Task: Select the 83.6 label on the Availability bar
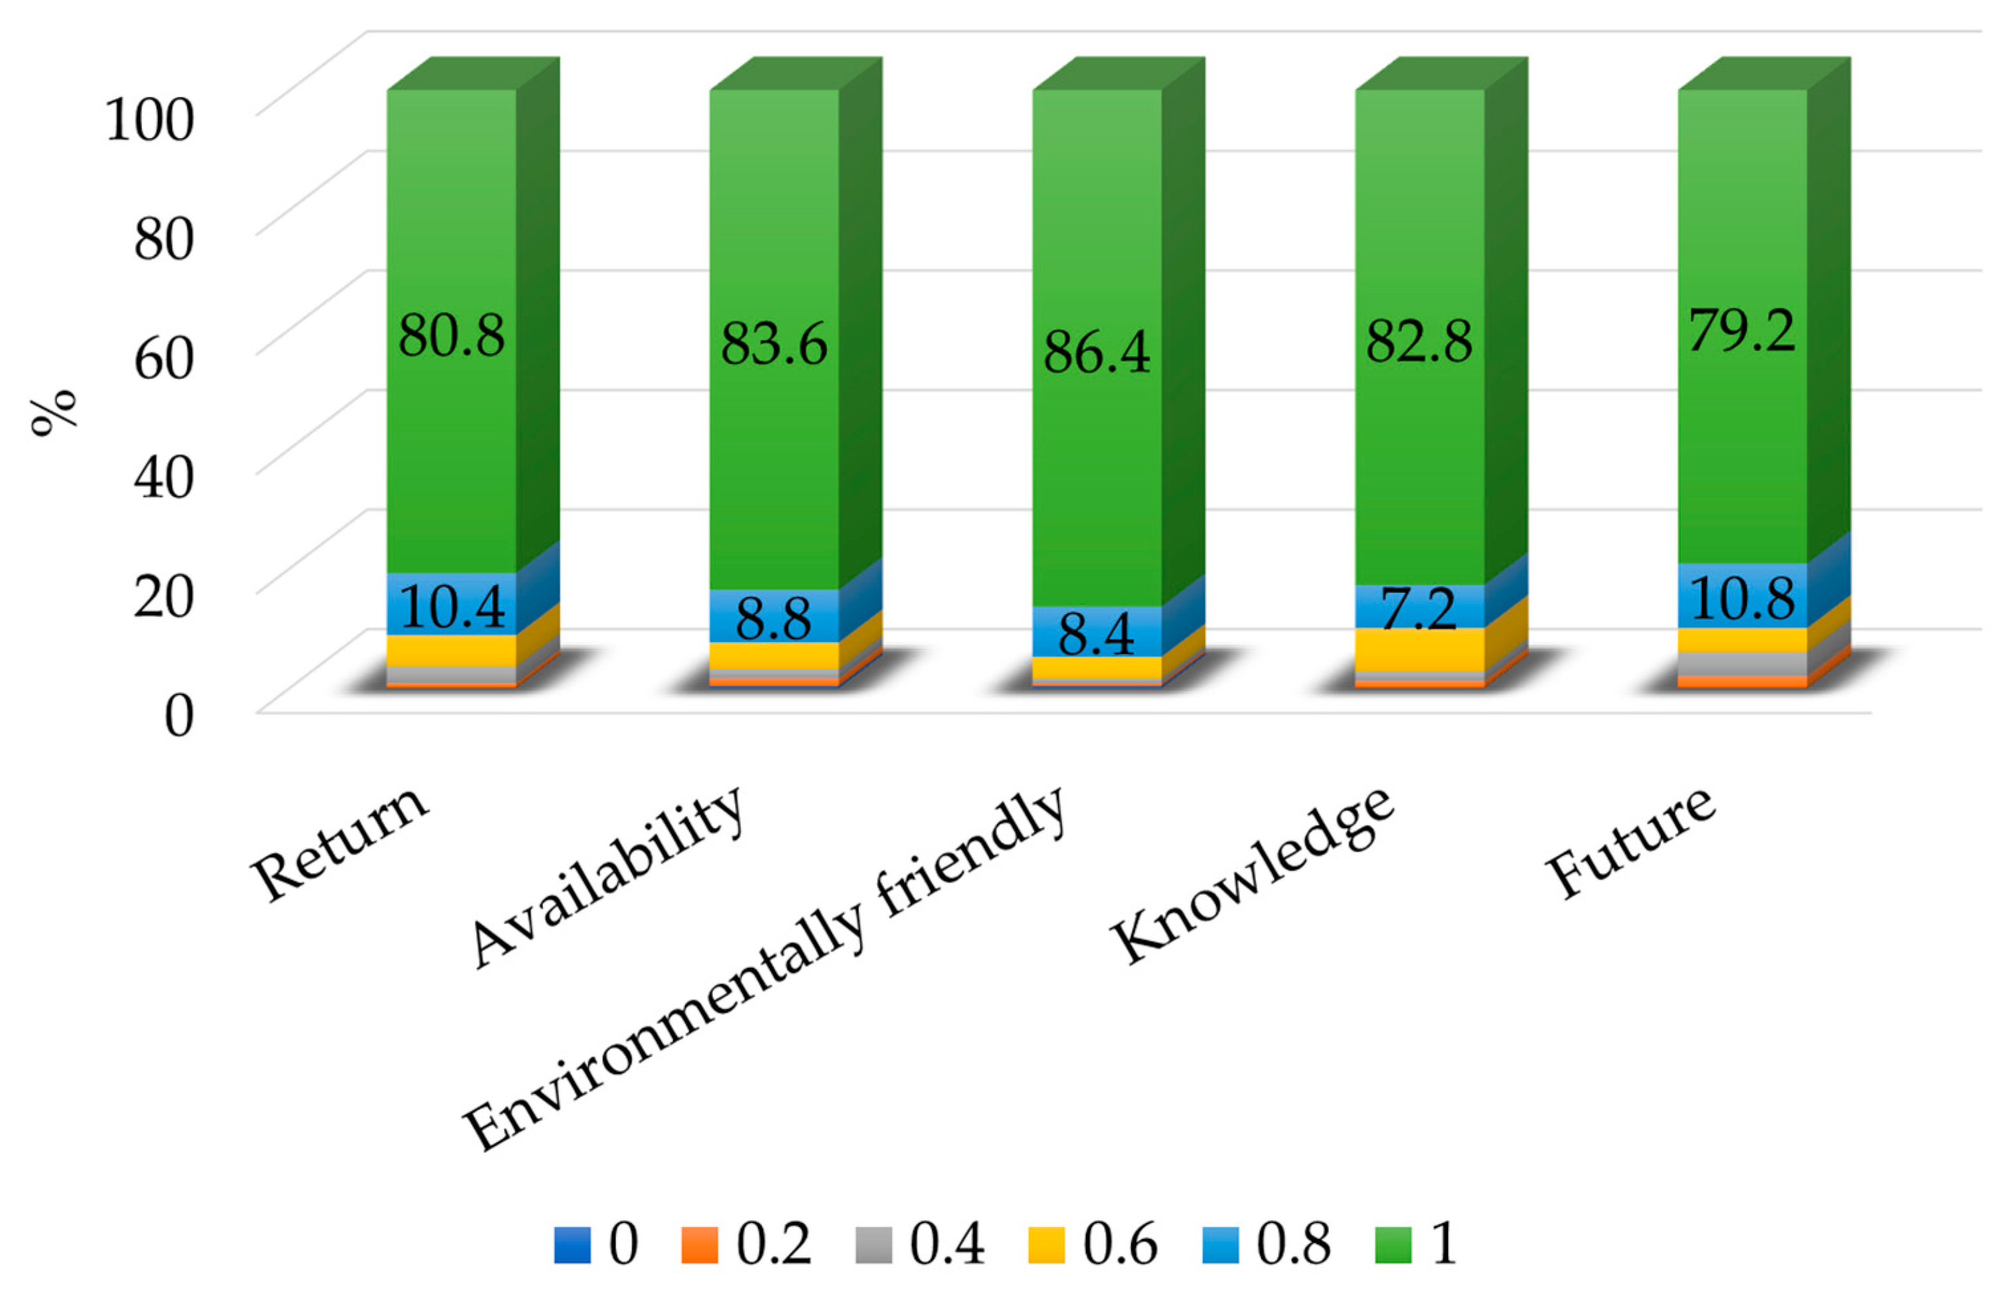click(x=774, y=345)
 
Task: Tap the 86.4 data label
click(x=1097, y=353)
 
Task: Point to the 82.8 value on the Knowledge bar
click(x=1419, y=341)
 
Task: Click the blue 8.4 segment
click(x=1097, y=632)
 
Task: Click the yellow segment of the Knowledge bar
click(x=1419, y=649)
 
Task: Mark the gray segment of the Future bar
click(x=1742, y=663)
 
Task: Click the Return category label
click(x=341, y=843)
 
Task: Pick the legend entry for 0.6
click(x=1093, y=1244)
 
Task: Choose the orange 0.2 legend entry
click(x=746, y=1244)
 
